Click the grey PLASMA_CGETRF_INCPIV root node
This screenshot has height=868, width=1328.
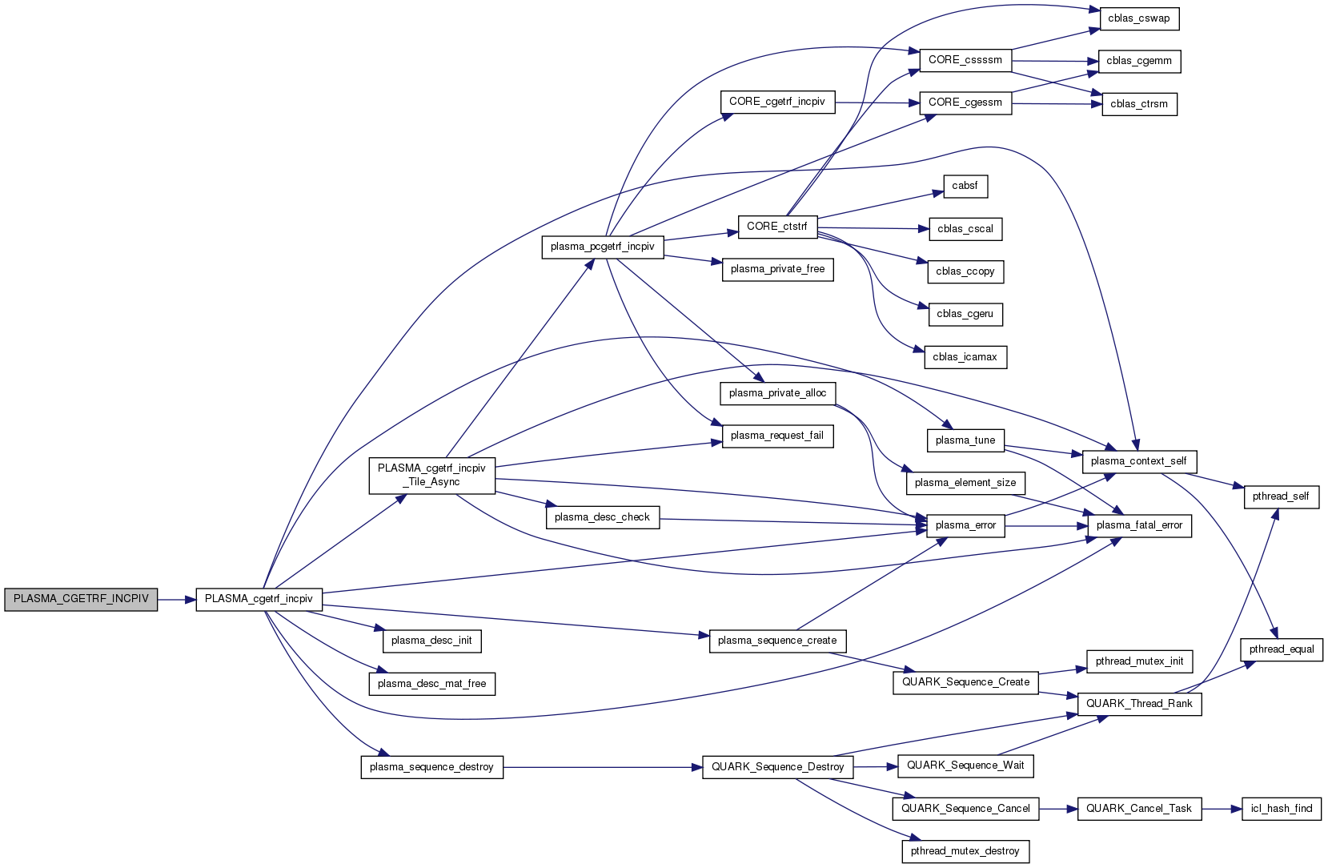click(x=81, y=599)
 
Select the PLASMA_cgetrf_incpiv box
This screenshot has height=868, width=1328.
click(x=259, y=599)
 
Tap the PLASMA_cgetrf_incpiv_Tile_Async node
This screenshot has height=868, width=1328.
click(x=431, y=475)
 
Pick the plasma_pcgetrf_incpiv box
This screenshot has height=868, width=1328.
click(x=602, y=247)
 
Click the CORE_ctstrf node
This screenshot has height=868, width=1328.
click(x=776, y=227)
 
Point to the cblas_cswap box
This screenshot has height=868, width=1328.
click(x=1138, y=18)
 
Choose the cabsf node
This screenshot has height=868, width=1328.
click(x=965, y=186)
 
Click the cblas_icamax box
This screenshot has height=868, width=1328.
click(x=965, y=357)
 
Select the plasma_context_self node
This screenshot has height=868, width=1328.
click(x=1138, y=461)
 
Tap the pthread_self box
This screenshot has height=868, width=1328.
click(x=1281, y=496)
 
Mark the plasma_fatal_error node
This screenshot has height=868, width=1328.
click(x=1139, y=525)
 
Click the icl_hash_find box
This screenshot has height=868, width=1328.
click(x=1281, y=809)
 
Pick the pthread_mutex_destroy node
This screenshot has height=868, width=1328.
click(x=965, y=851)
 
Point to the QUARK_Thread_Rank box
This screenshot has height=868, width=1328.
click(x=1139, y=704)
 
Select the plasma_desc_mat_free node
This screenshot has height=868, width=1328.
click(x=431, y=684)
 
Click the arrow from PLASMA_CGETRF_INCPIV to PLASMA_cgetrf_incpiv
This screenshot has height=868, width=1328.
click(x=177, y=599)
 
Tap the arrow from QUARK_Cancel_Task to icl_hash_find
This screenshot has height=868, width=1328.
click(x=1221, y=809)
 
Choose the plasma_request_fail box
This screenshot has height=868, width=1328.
click(x=776, y=436)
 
